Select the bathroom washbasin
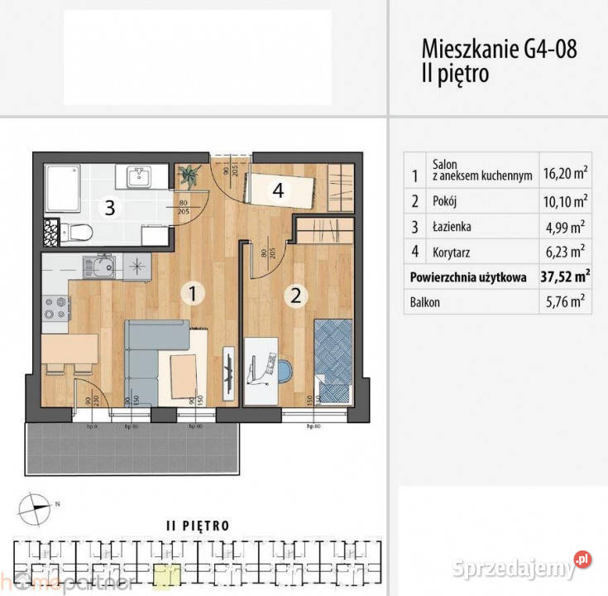point(138,176)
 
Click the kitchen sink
point(97,267)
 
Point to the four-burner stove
point(55,307)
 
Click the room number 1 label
point(191,292)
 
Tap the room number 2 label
point(295,296)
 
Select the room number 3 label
point(108,208)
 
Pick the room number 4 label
point(279,190)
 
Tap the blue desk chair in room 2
point(282,369)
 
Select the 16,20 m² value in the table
point(565,173)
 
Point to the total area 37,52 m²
point(565,277)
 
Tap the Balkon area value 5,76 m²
point(565,302)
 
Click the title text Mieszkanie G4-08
point(499,48)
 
